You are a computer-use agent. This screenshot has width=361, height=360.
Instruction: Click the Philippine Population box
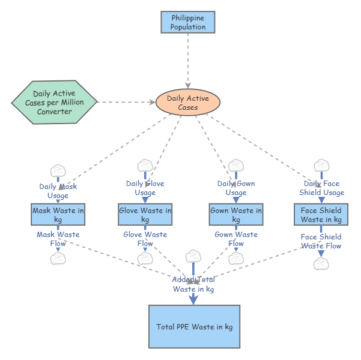point(188,22)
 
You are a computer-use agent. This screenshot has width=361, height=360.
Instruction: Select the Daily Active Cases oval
point(188,103)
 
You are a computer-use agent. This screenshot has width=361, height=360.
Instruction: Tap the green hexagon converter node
point(54,103)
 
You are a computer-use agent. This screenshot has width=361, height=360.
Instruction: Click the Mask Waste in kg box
point(58,215)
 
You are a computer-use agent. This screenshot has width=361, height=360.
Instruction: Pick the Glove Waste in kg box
point(145,215)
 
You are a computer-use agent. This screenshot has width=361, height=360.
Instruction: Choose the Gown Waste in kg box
point(236,215)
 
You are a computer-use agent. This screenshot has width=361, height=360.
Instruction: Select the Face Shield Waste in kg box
point(321,215)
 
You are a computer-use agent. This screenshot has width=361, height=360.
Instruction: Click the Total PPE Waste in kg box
point(194,326)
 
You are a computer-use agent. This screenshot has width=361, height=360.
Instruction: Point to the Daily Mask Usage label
point(58,191)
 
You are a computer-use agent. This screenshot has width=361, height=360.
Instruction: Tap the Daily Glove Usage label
point(145,188)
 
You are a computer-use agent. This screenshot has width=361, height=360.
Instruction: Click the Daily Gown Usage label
point(236,188)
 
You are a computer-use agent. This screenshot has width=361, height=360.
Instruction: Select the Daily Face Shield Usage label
point(321,188)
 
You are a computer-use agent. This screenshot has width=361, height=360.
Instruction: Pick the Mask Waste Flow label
point(58,239)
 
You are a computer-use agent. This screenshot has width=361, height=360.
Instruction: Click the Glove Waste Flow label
point(145,239)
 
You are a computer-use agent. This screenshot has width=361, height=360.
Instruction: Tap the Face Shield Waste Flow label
point(321,241)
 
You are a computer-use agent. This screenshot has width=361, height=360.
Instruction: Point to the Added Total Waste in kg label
point(193,284)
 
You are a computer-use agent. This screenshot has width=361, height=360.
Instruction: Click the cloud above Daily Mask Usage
point(58,170)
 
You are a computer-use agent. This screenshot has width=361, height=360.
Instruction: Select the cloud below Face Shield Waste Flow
point(321,263)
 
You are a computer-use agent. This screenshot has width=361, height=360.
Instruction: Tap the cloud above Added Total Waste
point(193,256)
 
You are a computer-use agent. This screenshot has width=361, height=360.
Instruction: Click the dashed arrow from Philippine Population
point(188,60)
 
